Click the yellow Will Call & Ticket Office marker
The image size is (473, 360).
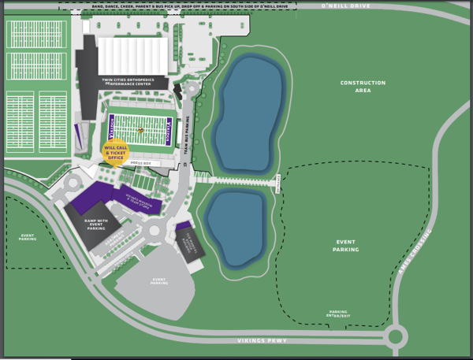coord(115,152)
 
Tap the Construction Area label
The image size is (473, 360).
coord(363,87)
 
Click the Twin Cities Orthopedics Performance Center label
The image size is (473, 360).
coord(132,80)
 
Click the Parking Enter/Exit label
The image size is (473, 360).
coord(338,314)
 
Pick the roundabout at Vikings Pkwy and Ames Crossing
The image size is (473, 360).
coord(395,337)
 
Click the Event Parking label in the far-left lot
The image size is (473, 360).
coord(28,237)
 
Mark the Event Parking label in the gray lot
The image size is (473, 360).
coord(159,281)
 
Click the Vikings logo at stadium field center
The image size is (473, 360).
coord(140,129)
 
